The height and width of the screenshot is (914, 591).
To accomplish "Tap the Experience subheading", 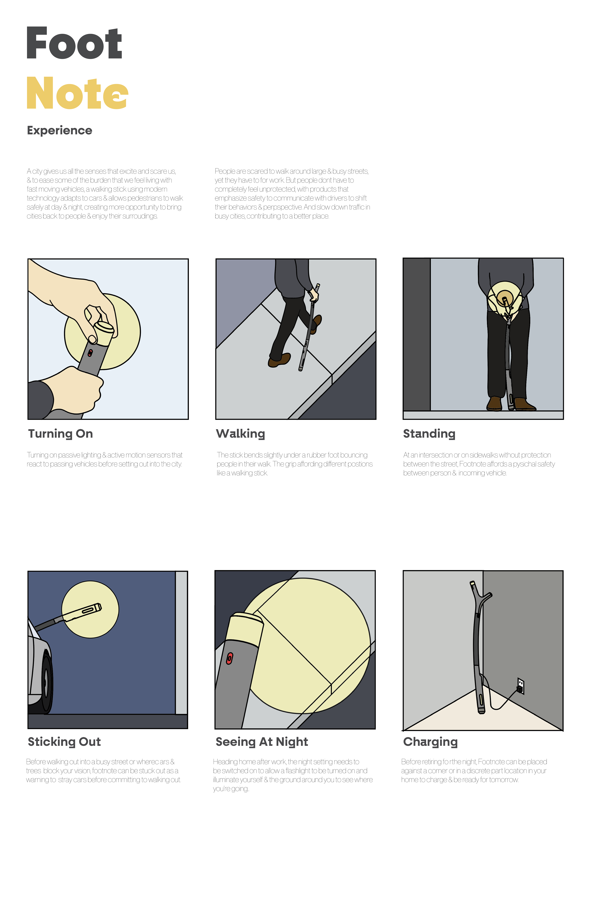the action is (x=59, y=131).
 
